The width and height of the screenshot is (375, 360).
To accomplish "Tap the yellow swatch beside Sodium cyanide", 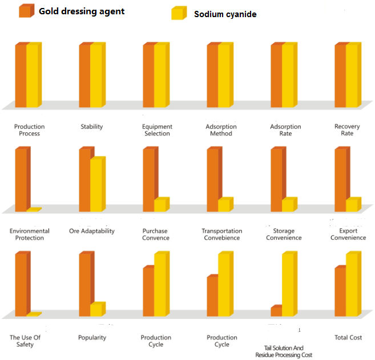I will (178, 13).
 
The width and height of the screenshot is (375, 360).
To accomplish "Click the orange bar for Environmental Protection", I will (22, 179).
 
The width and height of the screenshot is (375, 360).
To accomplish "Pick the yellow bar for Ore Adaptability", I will (96, 184).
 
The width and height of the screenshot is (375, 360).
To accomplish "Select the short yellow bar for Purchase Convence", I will (160, 204).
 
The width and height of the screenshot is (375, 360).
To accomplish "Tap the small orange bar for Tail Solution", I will (276, 311).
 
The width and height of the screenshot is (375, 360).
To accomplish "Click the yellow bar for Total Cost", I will (352, 284).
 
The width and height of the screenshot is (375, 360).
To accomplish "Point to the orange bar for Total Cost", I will (340, 291).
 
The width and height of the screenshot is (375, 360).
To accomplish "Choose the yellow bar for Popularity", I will (96, 309).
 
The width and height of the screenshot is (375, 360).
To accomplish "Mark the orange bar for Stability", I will (85, 75).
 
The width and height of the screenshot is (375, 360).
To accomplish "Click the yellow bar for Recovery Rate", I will (352, 75).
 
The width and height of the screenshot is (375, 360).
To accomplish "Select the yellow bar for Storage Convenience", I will (288, 204).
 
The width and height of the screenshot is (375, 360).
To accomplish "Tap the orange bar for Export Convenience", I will (340, 179).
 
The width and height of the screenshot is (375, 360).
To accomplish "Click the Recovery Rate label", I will (347, 130).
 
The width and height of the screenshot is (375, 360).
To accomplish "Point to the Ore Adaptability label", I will (92, 231).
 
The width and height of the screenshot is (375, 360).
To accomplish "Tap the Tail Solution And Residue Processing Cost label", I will (284, 351).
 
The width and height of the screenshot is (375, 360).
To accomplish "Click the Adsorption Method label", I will (219, 130).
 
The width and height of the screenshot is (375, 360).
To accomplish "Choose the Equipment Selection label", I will (156, 130).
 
